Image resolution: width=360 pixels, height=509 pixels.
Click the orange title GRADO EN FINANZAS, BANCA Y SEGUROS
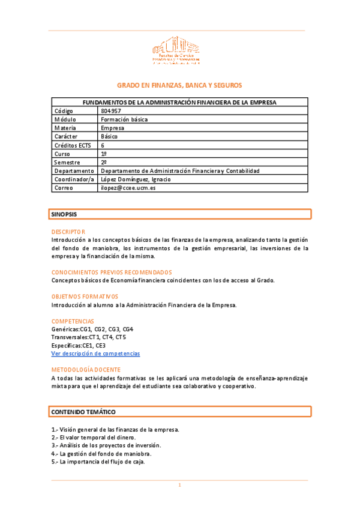(179, 86)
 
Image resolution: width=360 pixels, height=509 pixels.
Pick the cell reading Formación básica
(124, 119)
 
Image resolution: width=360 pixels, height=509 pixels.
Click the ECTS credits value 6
(103, 145)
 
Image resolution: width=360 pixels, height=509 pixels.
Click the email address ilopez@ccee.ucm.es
(128, 188)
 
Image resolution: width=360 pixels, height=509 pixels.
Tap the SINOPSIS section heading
(64, 214)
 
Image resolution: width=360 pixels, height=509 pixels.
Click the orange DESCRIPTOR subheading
(68, 232)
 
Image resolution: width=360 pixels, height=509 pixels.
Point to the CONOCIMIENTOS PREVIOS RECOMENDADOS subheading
(112, 272)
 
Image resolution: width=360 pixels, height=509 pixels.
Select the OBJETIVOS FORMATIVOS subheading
(85, 297)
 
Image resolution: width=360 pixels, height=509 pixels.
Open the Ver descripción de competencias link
(95, 354)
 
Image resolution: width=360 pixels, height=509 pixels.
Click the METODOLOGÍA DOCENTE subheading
(86, 370)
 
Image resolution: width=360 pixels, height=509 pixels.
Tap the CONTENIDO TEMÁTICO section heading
(83, 412)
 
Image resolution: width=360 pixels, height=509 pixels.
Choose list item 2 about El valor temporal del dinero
(94, 437)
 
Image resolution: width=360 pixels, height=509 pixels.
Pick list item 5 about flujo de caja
(98, 462)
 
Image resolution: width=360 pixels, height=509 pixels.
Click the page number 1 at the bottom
(179, 485)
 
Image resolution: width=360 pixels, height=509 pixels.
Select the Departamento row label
(74, 170)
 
